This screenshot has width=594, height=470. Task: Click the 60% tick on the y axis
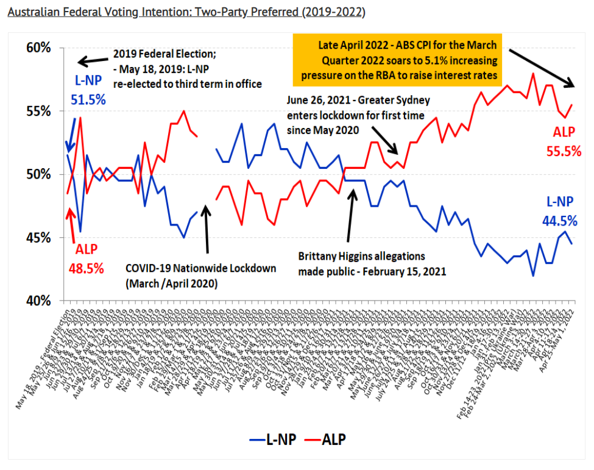pos(38,48)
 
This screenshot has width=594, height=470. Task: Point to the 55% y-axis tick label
pos(38,112)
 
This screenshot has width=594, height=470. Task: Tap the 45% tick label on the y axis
pos(38,238)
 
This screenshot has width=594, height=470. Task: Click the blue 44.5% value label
pos(560,221)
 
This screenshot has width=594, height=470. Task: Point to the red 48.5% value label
pos(86,267)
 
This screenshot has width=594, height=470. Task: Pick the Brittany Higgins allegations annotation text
pos(372,263)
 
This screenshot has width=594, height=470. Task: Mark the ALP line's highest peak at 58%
pos(533,74)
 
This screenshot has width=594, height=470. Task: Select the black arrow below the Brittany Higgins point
pos(351,216)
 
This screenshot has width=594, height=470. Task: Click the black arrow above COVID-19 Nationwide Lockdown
pos(207,229)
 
